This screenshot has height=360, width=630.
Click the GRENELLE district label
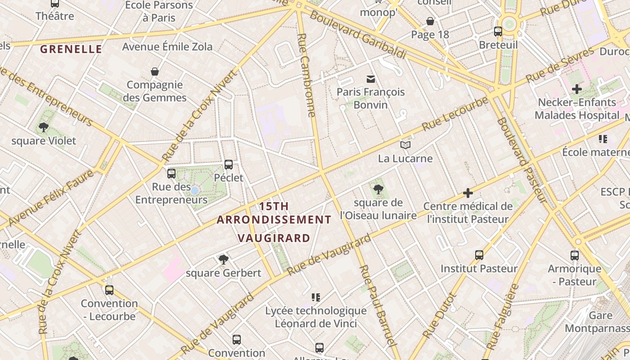71,49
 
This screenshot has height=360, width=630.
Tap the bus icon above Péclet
229,165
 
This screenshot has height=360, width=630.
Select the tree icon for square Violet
44,127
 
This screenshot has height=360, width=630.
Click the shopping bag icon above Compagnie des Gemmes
155,72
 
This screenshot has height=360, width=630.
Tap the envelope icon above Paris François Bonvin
371,79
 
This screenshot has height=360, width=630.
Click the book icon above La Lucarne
405,145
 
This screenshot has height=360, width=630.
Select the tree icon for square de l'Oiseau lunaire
378,189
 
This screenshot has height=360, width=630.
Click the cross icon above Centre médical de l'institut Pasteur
468,193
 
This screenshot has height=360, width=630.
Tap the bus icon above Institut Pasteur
479,255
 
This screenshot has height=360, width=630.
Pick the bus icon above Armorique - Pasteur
575,256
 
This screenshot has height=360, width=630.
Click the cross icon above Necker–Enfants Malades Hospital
577,89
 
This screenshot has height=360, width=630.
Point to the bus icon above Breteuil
498,31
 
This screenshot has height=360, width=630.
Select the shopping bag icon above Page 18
430,21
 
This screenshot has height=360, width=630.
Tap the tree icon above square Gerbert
223,259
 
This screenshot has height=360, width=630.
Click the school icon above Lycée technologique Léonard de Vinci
316,297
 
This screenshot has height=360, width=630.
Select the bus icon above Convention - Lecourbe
109,290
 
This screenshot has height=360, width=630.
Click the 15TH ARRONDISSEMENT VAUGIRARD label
274,222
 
